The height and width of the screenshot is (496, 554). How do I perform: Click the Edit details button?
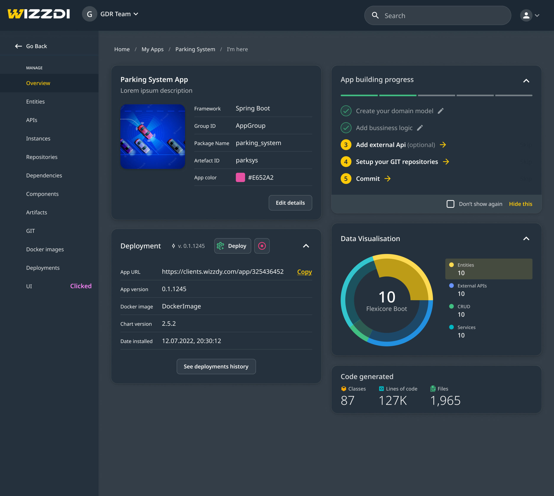(x=290, y=203)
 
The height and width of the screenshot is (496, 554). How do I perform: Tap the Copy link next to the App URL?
(x=304, y=272)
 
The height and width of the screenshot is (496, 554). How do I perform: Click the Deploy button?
(x=232, y=246)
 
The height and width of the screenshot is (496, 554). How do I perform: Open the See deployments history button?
(x=216, y=367)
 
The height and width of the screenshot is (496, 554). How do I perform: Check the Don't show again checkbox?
(x=450, y=204)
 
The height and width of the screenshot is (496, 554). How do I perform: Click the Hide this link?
(x=520, y=204)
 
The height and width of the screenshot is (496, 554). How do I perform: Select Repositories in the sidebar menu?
(x=42, y=157)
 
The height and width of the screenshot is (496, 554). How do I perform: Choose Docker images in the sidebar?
(x=45, y=249)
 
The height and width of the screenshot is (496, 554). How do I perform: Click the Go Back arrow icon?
(x=18, y=46)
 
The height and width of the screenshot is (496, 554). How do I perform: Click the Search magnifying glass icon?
(x=375, y=16)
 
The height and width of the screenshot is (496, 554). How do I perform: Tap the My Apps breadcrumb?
(x=152, y=49)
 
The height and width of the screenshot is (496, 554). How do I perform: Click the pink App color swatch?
(x=240, y=177)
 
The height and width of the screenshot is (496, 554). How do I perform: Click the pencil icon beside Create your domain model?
(x=441, y=111)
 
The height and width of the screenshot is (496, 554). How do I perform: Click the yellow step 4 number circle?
(x=346, y=162)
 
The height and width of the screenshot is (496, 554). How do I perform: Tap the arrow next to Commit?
(x=388, y=179)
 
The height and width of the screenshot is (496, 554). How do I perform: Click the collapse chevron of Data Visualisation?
(x=526, y=239)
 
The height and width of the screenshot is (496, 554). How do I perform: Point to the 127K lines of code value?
(x=393, y=400)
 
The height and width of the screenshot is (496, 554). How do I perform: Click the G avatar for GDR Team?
(x=89, y=14)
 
